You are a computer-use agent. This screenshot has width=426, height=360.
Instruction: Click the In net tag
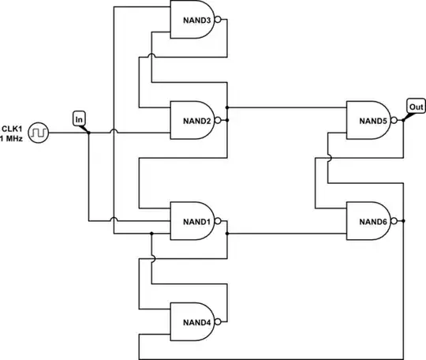79,118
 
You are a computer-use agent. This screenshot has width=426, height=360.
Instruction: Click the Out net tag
416,106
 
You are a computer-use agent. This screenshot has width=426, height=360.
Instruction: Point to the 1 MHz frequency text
11,138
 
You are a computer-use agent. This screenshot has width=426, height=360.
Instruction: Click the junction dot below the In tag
88,132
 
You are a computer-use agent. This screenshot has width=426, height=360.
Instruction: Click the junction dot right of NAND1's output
226,234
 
